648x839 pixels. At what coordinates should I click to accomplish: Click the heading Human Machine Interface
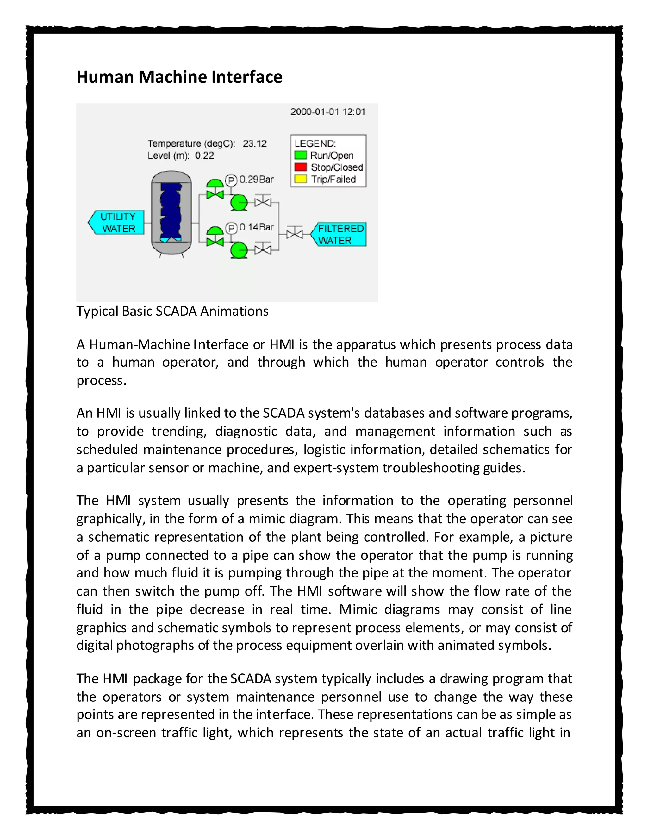coord(179,77)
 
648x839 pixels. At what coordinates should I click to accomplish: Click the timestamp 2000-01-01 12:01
coord(327,112)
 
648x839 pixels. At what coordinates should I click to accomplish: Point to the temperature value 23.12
coord(254,144)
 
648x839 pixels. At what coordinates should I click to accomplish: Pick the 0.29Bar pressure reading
coord(256,180)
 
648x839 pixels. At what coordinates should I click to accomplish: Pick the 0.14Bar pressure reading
coord(256,227)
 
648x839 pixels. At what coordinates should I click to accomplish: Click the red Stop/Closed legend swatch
coord(300,167)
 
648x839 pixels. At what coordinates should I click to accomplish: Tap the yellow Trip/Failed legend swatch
coord(300,179)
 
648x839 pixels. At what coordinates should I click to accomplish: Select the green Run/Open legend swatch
coord(300,155)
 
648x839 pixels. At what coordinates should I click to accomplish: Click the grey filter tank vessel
coord(171,212)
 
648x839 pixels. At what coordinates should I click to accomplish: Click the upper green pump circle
coord(239,202)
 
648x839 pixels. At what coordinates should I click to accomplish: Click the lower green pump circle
coord(239,250)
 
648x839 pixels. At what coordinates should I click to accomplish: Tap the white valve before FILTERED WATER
coord(295,234)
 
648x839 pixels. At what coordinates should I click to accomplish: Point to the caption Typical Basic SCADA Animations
coord(172,311)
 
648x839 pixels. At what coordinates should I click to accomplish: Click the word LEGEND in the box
coord(315,143)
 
